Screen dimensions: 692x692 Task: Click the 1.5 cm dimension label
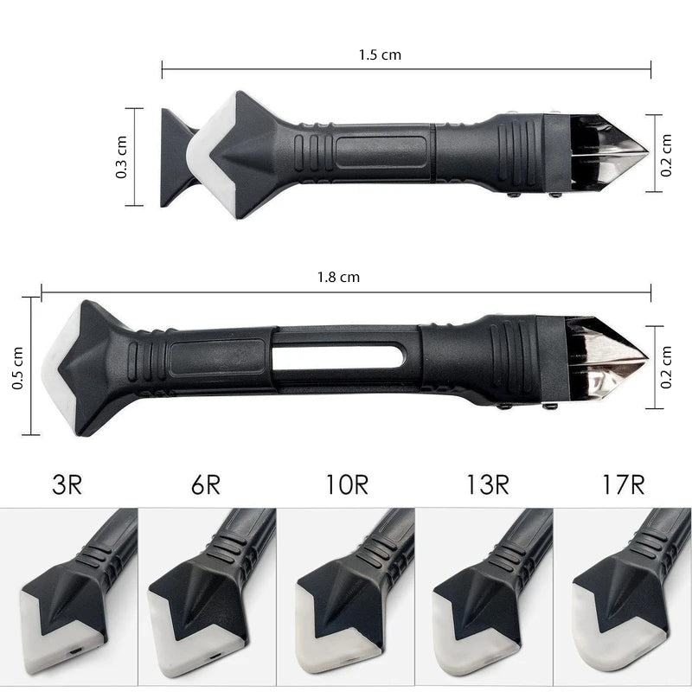click(x=380, y=54)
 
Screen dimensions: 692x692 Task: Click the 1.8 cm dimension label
click(x=338, y=277)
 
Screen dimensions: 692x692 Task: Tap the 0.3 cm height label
click(x=122, y=157)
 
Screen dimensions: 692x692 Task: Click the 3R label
click(x=66, y=484)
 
